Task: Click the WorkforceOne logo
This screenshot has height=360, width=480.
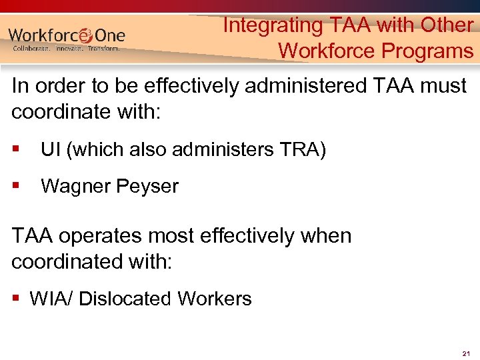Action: (67, 35)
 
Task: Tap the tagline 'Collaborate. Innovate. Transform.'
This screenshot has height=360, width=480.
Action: (67, 49)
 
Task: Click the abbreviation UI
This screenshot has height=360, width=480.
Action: (49, 150)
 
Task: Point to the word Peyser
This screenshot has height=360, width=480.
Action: (148, 186)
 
